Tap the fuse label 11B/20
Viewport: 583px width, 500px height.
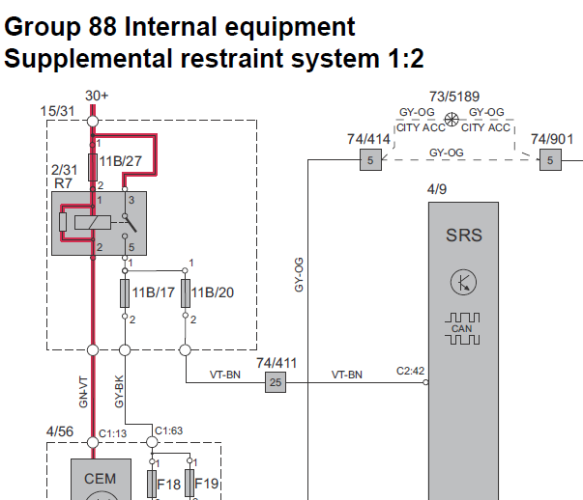coord(211,292)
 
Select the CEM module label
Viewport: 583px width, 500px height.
coord(100,478)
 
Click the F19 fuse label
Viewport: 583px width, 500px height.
coord(208,483)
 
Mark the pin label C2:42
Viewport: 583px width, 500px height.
coord(410,371)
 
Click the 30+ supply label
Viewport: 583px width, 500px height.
coord(97,96)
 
